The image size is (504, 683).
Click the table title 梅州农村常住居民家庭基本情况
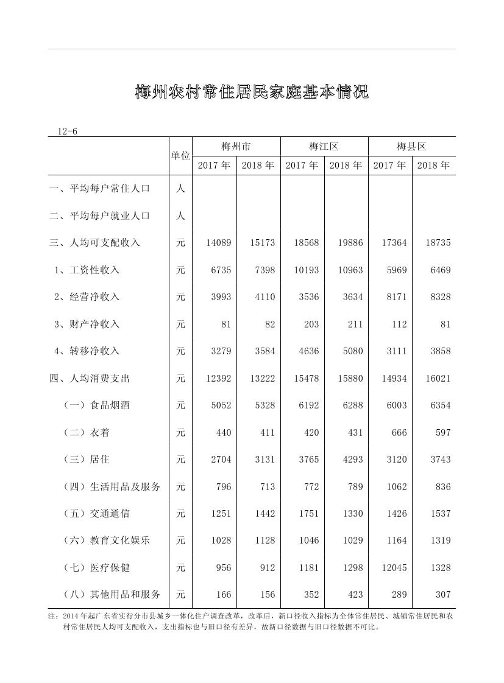click(252, 93)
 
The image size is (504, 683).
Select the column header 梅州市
click(236, 146)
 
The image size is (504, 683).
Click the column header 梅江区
click(324, 146)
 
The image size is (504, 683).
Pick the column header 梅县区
click(411, 146)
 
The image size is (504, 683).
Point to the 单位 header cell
click(180, 156)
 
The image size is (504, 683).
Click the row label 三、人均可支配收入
click(94, 242)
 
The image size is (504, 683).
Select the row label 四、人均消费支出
click(90, 378)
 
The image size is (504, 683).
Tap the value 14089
click(219, 242)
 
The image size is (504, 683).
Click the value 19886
click(350, 242)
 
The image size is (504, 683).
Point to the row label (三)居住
click(87, 459)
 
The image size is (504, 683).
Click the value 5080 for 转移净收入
click(352, 351)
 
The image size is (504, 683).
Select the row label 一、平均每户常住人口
click(99, 188)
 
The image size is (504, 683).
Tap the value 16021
click(438, 378)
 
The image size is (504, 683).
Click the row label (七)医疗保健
click(97, 567)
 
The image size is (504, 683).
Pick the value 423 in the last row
click(355, 594)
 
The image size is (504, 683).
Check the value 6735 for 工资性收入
click(221, 270)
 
